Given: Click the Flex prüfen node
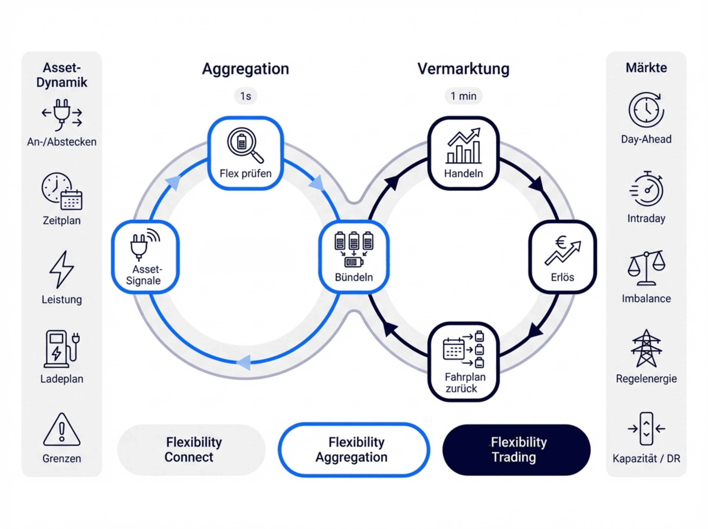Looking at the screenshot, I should pos(245,153).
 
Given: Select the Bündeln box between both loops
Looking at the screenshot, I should pos(353,257).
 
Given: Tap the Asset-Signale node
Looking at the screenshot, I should pos(145,257).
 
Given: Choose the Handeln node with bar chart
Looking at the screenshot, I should pos(463,153).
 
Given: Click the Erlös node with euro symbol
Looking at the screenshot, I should pos(562,257).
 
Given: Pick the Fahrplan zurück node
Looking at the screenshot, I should pos(463,362).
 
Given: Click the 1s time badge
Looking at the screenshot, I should pos(245,96).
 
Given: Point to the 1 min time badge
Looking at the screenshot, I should pos(463,96).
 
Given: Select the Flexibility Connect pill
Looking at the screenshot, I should pos(191,449).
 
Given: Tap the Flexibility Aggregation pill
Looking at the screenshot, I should pos(353,449).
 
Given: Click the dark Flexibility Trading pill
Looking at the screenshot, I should pos(516,449).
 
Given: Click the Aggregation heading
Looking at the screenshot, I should pos(245,69).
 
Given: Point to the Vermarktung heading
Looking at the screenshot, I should pos(463,69).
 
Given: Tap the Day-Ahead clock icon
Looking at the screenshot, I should pos(646,110).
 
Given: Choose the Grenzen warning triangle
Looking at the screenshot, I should pos(62,430).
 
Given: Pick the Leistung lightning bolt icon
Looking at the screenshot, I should pos(62,269).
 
